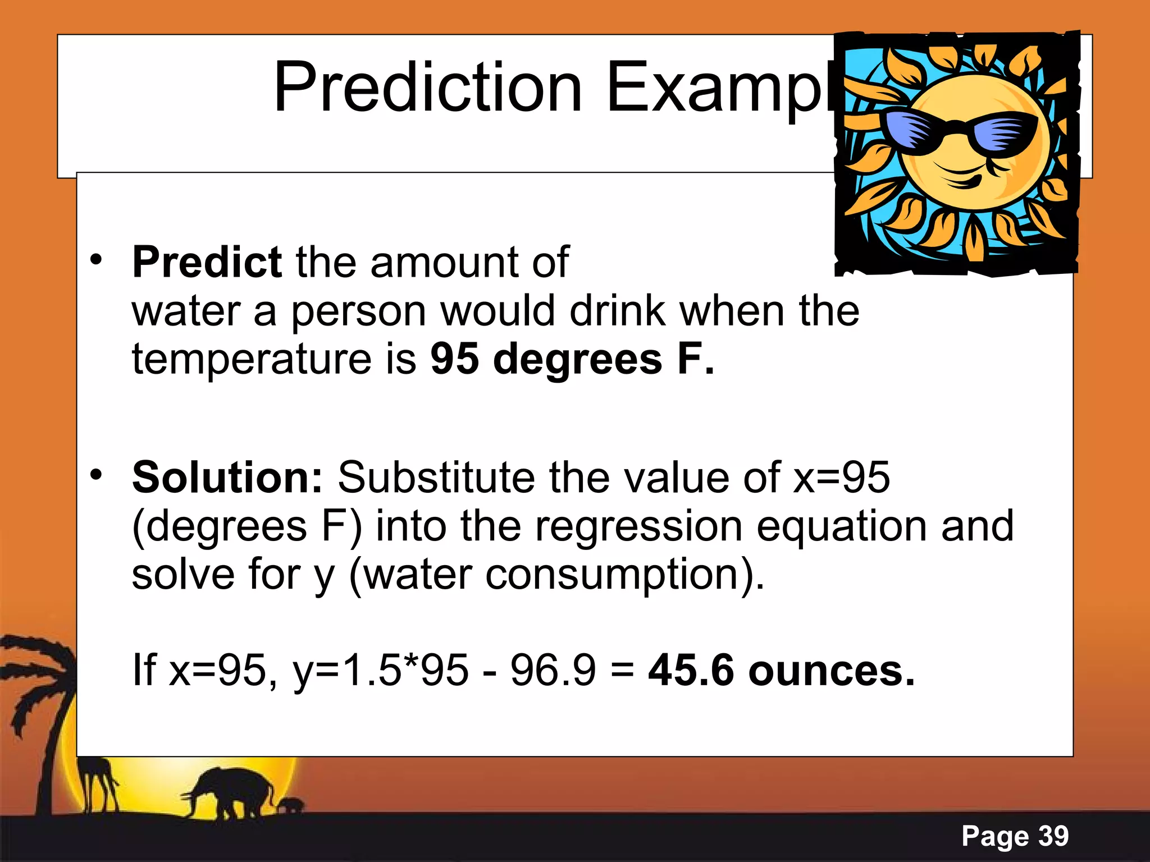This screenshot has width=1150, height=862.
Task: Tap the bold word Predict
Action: click(206, 262)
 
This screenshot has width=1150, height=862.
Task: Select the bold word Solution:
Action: click(227, 478)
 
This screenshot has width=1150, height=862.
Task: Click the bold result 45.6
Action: click(691, 670)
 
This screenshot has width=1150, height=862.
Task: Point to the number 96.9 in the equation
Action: click(553, 670)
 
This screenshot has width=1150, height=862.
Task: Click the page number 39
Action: click(1053, 836)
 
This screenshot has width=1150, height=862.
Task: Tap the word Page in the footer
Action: click(995, 837)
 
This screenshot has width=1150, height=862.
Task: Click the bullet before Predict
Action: click(97, 259)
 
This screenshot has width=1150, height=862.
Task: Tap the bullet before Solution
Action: click(97, 475)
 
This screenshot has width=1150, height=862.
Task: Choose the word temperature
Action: click(252, 359)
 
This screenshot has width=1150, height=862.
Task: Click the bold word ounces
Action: click(831, 670)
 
